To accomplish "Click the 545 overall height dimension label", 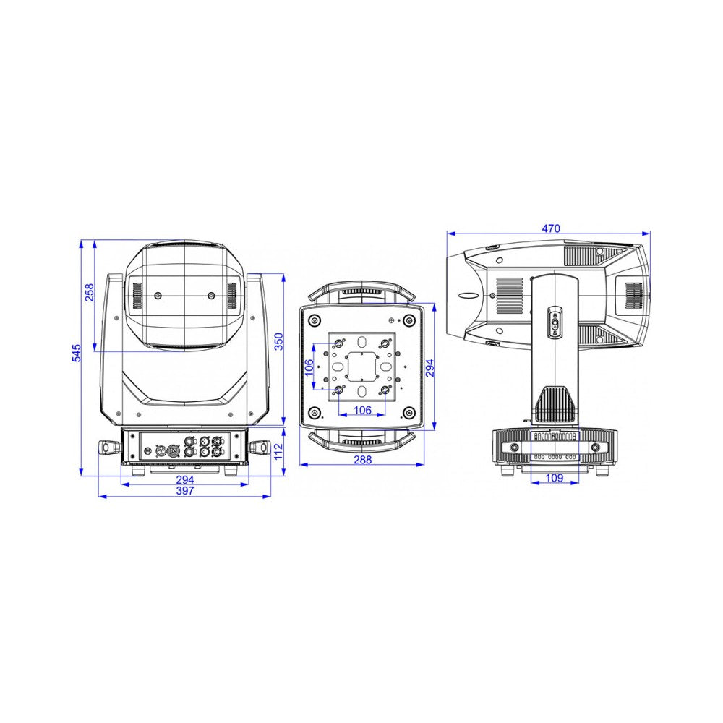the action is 77,353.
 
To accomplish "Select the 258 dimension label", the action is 89,293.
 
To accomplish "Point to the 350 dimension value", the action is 279,342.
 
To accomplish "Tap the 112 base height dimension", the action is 278,451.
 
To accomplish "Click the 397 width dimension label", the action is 185,491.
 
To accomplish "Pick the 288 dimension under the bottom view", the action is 362,460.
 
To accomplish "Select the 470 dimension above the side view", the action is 550,228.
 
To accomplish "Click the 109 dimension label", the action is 555,478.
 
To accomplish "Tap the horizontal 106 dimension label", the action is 362,410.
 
